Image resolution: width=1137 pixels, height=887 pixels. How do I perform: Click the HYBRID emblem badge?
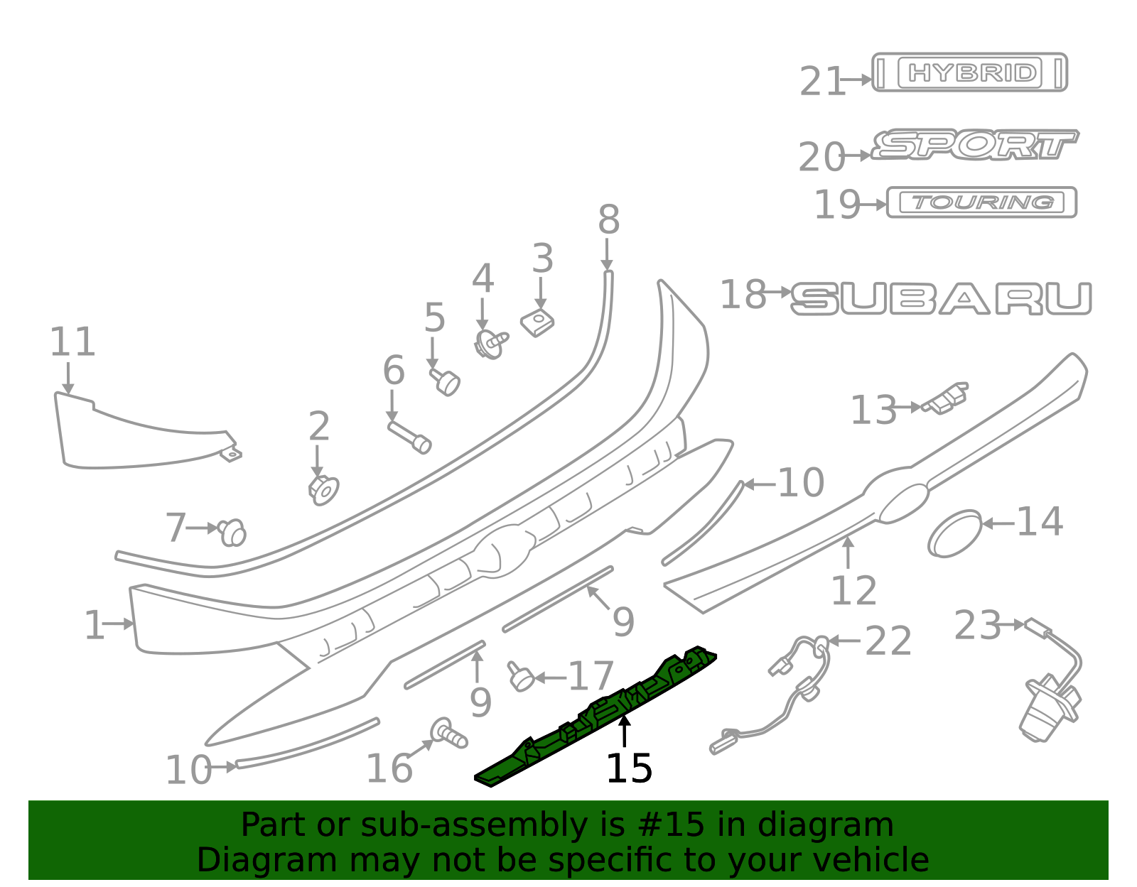point(969,72)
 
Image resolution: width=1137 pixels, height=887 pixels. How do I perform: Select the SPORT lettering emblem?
point(974,144)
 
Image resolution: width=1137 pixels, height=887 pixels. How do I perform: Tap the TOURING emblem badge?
point(981,202)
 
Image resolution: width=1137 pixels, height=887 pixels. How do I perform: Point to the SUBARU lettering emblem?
point(942,298)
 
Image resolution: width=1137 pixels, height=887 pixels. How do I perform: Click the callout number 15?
point(629,768)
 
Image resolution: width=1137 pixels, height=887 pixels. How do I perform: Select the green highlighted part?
point(596,716)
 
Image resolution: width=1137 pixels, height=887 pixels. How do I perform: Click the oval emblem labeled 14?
point(955,533)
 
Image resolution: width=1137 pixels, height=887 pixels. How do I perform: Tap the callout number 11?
point(72,342)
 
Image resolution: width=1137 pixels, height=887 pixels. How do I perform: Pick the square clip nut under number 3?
point(537,322)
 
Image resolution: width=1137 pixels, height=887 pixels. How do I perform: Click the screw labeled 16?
point(448,734)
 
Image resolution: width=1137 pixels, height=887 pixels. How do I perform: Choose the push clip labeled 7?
point(232,533)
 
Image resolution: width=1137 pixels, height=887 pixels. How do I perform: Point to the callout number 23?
point(977,626)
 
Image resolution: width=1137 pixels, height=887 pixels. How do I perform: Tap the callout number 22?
point(888,641)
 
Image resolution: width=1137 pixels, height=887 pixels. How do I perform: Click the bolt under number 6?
point(409,437)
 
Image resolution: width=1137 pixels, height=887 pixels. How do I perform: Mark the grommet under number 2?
point(323,490)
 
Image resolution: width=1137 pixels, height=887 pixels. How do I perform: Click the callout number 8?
point(609,220)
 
